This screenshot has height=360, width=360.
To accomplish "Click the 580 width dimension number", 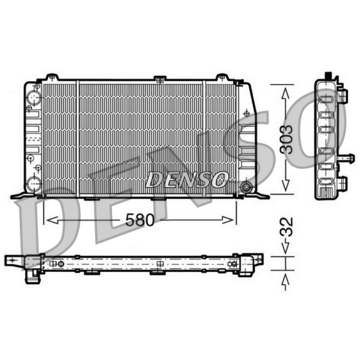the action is [140, 220].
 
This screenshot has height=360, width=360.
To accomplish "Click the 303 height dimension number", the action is [287, 139].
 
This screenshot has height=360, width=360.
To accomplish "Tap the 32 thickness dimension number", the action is [287, 227].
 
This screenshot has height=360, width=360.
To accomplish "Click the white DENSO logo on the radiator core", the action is [187, 179].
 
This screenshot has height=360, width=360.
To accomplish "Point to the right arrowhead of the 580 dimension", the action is [228, 220].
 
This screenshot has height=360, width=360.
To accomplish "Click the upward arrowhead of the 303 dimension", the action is [285, 94].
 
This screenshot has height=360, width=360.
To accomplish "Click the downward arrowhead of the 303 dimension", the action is [285, 185].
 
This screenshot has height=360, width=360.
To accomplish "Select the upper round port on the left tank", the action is [34, 98].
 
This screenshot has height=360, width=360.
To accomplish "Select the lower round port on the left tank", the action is [34, 184].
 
